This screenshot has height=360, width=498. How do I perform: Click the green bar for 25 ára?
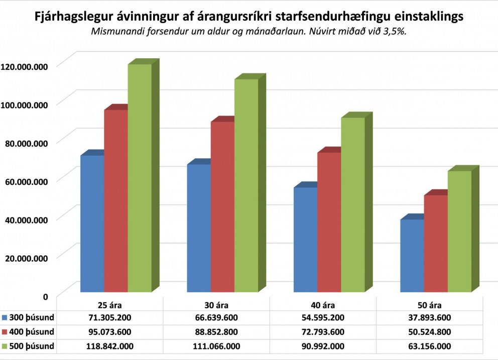pyautogui.click(x=140, y=178)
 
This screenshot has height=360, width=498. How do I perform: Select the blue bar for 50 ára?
pyautogui.click(x=412, y=256)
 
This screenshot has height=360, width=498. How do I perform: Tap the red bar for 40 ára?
pyautogui.click(x=329, y=222)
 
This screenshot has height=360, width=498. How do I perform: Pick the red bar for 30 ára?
pyautogui.click(x=222, y=207)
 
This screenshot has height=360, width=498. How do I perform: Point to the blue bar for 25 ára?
pyautogui.click(x=92, y=224)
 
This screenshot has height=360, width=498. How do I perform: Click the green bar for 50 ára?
pyautogui.click(x=459, y=231)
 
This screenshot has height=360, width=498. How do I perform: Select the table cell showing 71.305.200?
pyautogui.click(x=109, y=317)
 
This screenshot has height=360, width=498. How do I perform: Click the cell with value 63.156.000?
pyautogui.click(x=430, y=346)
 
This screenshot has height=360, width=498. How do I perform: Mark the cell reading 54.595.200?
pyautogui.click(x=323, y=317)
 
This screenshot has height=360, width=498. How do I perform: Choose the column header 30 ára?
pyautogui.click(x=216, y=304)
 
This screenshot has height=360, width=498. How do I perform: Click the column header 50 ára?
pyautogui.click(x=430, y=304)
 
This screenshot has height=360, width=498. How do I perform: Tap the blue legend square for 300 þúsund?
pyautogui.click(x=6, y=317)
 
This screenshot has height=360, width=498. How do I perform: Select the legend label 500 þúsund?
pyautogui.click(x=32, y=346)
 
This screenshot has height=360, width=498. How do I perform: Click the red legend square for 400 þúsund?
pyautogui.click(x=6, y=332)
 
